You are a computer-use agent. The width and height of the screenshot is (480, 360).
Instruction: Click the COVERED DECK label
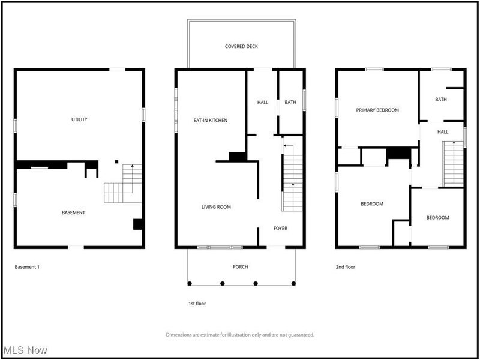click(x=241, y=47)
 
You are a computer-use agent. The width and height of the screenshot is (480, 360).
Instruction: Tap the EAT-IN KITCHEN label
click(x=211, y=121)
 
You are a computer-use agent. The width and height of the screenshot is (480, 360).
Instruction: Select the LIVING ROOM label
click(x=216, y=207)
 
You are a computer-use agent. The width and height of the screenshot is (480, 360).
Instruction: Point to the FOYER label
click(x=280, y=229)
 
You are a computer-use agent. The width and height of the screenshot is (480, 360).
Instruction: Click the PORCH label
click(x=241, y=267)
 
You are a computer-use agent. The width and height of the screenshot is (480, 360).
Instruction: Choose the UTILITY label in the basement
click(x=79, y=119)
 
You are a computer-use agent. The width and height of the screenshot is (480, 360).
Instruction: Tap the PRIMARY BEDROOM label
click(x=377, y=110)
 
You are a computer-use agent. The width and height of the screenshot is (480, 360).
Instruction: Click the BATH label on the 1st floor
click(x=290, y=102)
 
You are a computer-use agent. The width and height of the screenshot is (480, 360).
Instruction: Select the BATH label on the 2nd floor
click(x=441, y=100)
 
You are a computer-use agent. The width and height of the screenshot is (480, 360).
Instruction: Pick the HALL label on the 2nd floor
click(x=443, y=132)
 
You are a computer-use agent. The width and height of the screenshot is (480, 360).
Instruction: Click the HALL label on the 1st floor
click(x=263, y=103)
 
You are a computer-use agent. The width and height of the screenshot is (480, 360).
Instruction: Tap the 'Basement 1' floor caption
click(x=27, y=267)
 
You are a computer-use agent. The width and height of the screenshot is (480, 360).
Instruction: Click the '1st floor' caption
click(x=197, y=304)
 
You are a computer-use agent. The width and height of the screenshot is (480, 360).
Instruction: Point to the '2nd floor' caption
click(x=346, y=267)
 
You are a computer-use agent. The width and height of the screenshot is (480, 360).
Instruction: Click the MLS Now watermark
click(x=25, y=350)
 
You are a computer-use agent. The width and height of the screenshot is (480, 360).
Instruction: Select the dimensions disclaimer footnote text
click(x=240, y=335)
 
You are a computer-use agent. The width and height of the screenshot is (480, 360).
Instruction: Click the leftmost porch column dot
click(x=190, y=283)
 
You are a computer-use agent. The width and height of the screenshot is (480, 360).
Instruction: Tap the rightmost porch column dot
click(x=293, y=283)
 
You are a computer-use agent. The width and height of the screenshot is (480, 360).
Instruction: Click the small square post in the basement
click(x=116, y=161)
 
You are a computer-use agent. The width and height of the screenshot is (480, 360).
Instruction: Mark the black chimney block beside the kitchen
click(x=238, y=157)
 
